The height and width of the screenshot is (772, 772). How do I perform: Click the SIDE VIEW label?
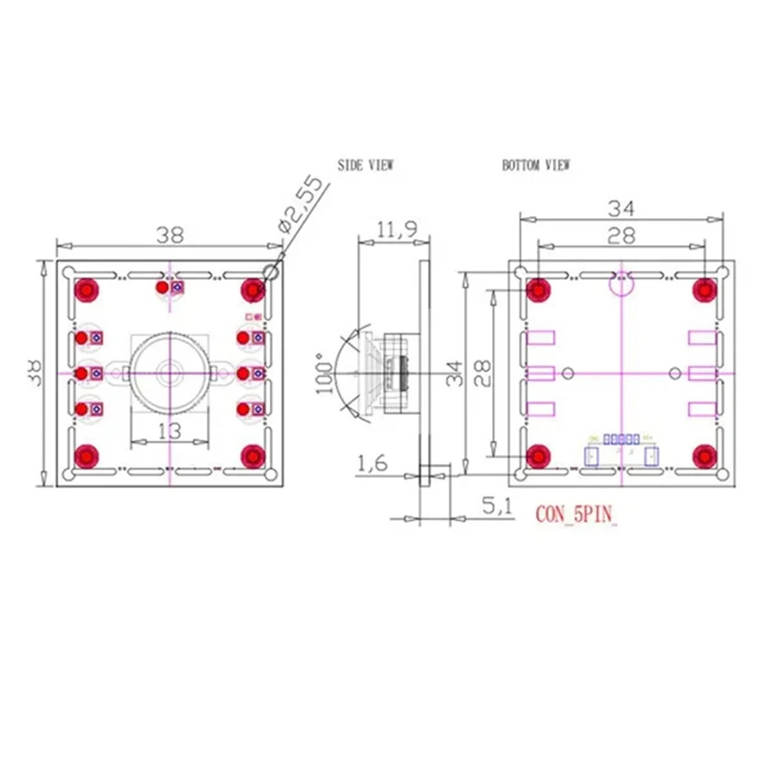[365, 165]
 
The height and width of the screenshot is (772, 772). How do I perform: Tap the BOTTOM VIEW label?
[535, 165]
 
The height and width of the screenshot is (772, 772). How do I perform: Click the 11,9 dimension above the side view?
[396, 229]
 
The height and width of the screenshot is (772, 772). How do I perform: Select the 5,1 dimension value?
[497, 506]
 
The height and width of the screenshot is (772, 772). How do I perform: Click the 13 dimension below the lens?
[169, 430]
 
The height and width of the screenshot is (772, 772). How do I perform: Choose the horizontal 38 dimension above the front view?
[170, 235]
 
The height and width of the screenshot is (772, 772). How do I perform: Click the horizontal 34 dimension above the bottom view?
[621, 208]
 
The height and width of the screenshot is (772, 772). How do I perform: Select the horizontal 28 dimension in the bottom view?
[621, 235]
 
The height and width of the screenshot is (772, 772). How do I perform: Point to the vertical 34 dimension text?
[454, 373]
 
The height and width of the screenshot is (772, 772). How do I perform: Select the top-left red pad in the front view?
[86, 290]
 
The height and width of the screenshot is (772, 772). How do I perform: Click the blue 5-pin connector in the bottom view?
[621, 439]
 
